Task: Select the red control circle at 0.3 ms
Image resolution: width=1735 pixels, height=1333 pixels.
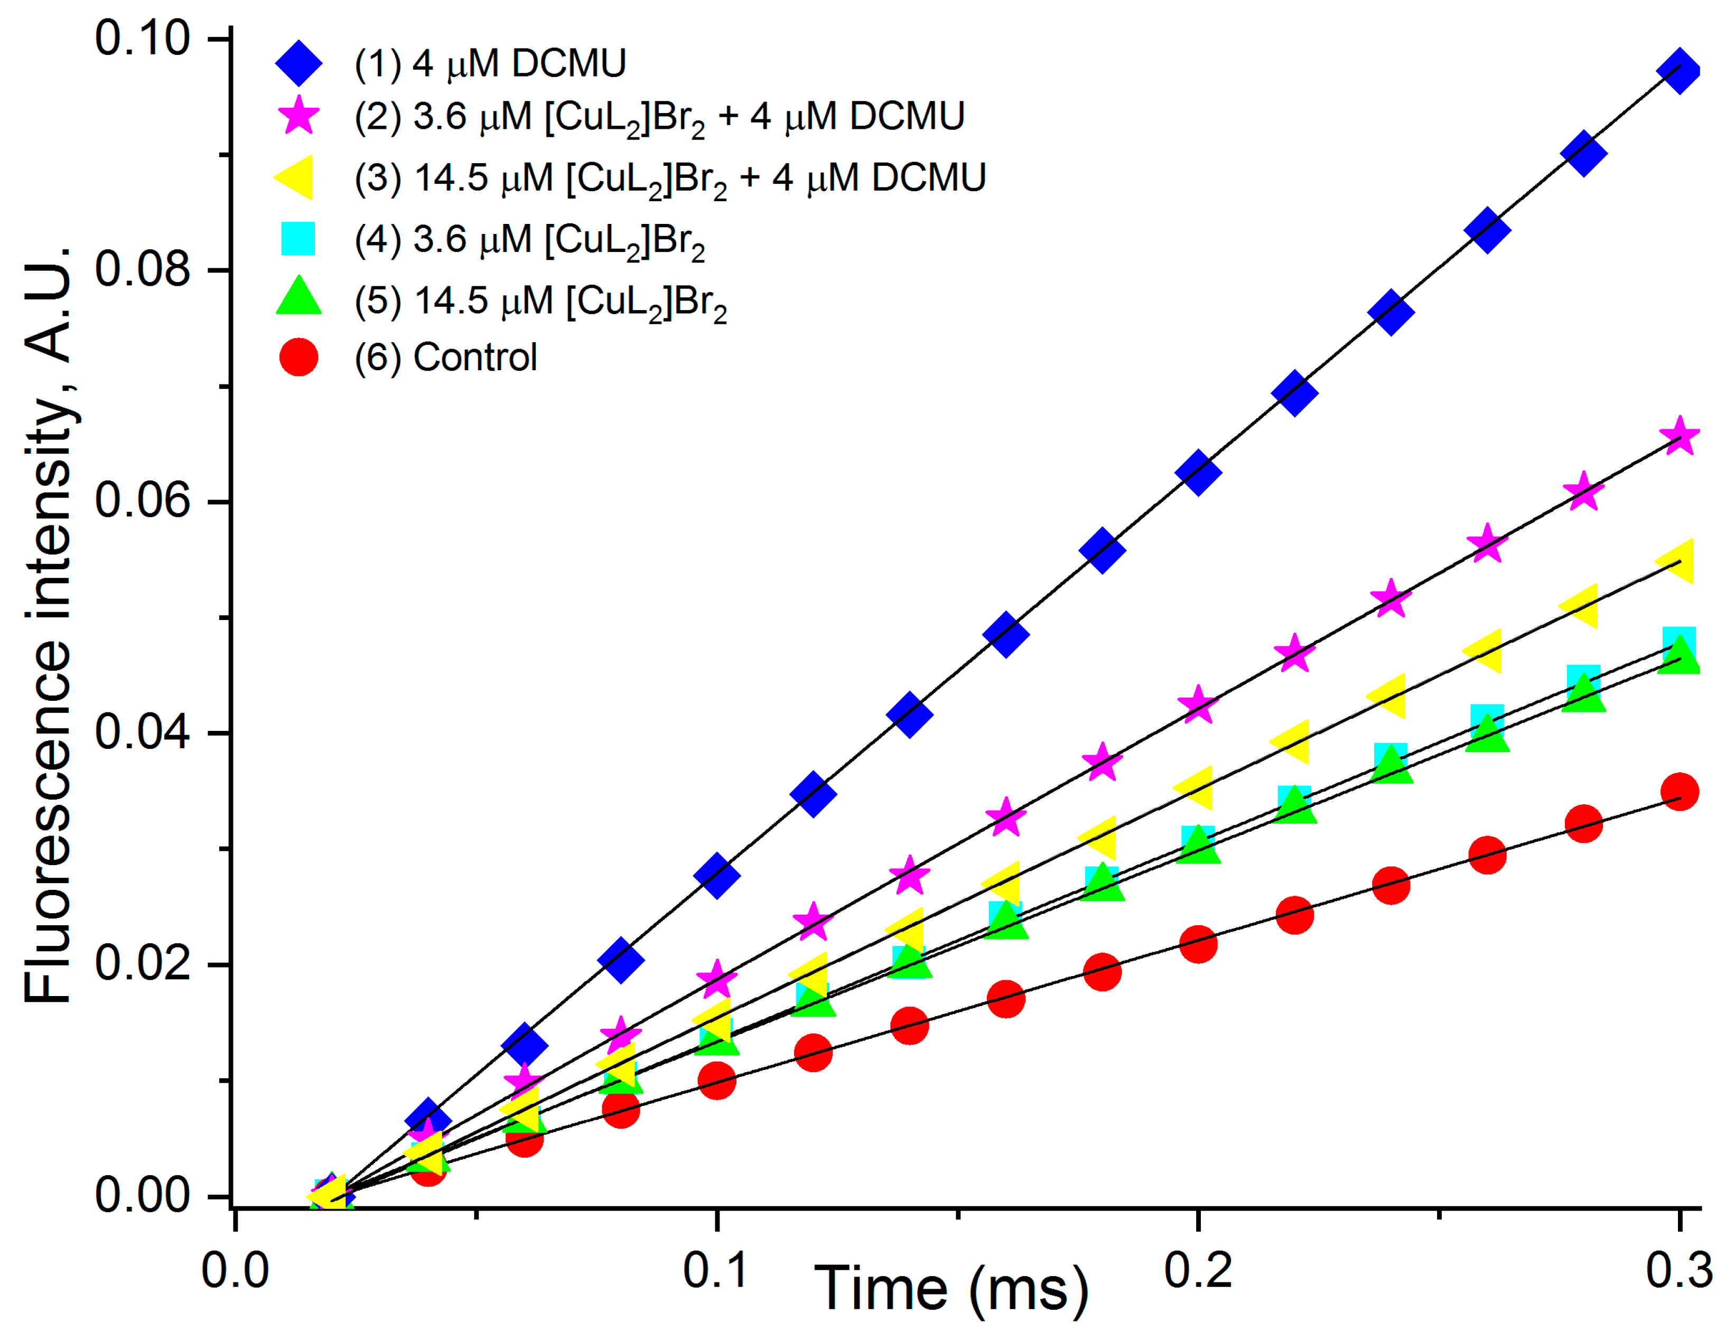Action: tap(1678, 792)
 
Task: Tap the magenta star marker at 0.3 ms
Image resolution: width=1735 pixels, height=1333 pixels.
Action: tap(1678, 436)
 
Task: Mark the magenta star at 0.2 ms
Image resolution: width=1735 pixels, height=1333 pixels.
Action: tap(1198, 704)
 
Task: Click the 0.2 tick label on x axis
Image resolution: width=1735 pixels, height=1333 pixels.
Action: tap(1198, 1270)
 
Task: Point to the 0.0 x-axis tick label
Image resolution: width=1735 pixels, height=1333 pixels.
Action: tap(235, 1270)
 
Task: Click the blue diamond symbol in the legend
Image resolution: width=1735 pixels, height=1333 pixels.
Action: tap(299, 63)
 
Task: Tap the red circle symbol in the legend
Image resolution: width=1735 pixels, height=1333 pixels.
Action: tap(299, 357)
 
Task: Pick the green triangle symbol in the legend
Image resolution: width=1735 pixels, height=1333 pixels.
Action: tap(299, 297)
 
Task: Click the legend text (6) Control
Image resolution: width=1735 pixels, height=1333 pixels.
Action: tap(445, 357)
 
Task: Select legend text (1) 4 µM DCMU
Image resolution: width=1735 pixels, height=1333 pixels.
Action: tap(490, 63)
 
